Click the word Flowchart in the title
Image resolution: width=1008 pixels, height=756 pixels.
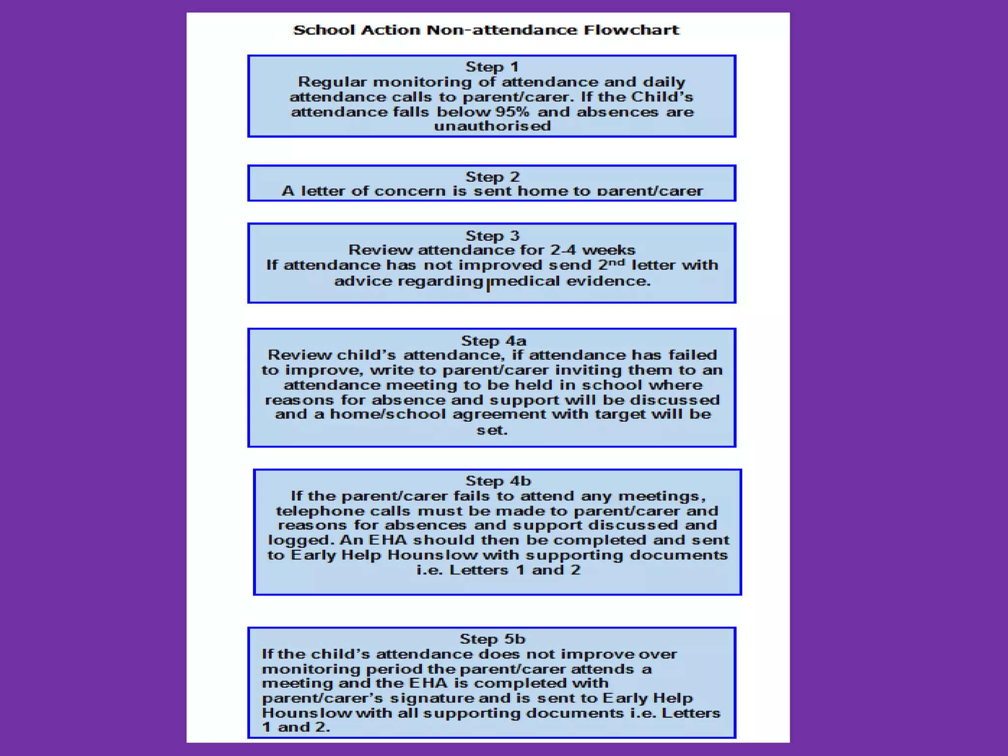click(x=631, y=30)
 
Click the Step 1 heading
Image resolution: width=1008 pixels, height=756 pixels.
click(x=492, y=66)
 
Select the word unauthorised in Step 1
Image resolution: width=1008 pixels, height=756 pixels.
click(x=492, y=126)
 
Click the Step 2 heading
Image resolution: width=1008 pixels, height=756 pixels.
click(x=492, y=177)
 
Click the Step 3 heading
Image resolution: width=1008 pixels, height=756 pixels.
click(x=492, y=236)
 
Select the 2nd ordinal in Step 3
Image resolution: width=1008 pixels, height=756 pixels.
click(x=611, y=264)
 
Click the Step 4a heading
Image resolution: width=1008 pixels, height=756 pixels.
click(x=493, y=341)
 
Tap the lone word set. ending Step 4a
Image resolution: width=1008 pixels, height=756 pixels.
click(x=492, y=430)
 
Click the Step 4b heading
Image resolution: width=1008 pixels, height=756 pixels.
click(x=498, y=481)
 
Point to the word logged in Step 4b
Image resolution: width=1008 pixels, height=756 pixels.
click(x=300, y=540)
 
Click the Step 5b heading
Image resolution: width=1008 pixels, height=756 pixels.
click(x=492, y=639)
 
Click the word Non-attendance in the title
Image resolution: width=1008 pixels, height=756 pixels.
click(x=502, y=30)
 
